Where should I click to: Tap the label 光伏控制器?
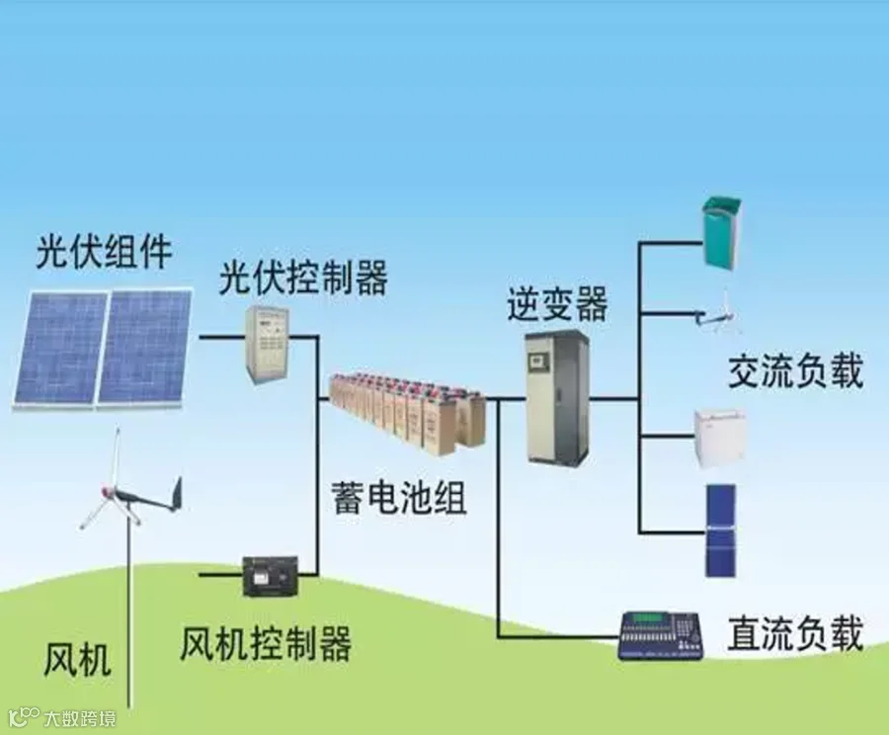coord(302,279)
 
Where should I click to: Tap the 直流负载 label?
coord(795,633)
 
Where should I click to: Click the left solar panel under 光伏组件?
coord(59,348)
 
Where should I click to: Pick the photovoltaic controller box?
coord(267,341)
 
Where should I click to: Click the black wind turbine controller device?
coord(271,575)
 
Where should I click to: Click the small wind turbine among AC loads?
coord(719,310)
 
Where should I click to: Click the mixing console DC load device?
coord(660,635)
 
